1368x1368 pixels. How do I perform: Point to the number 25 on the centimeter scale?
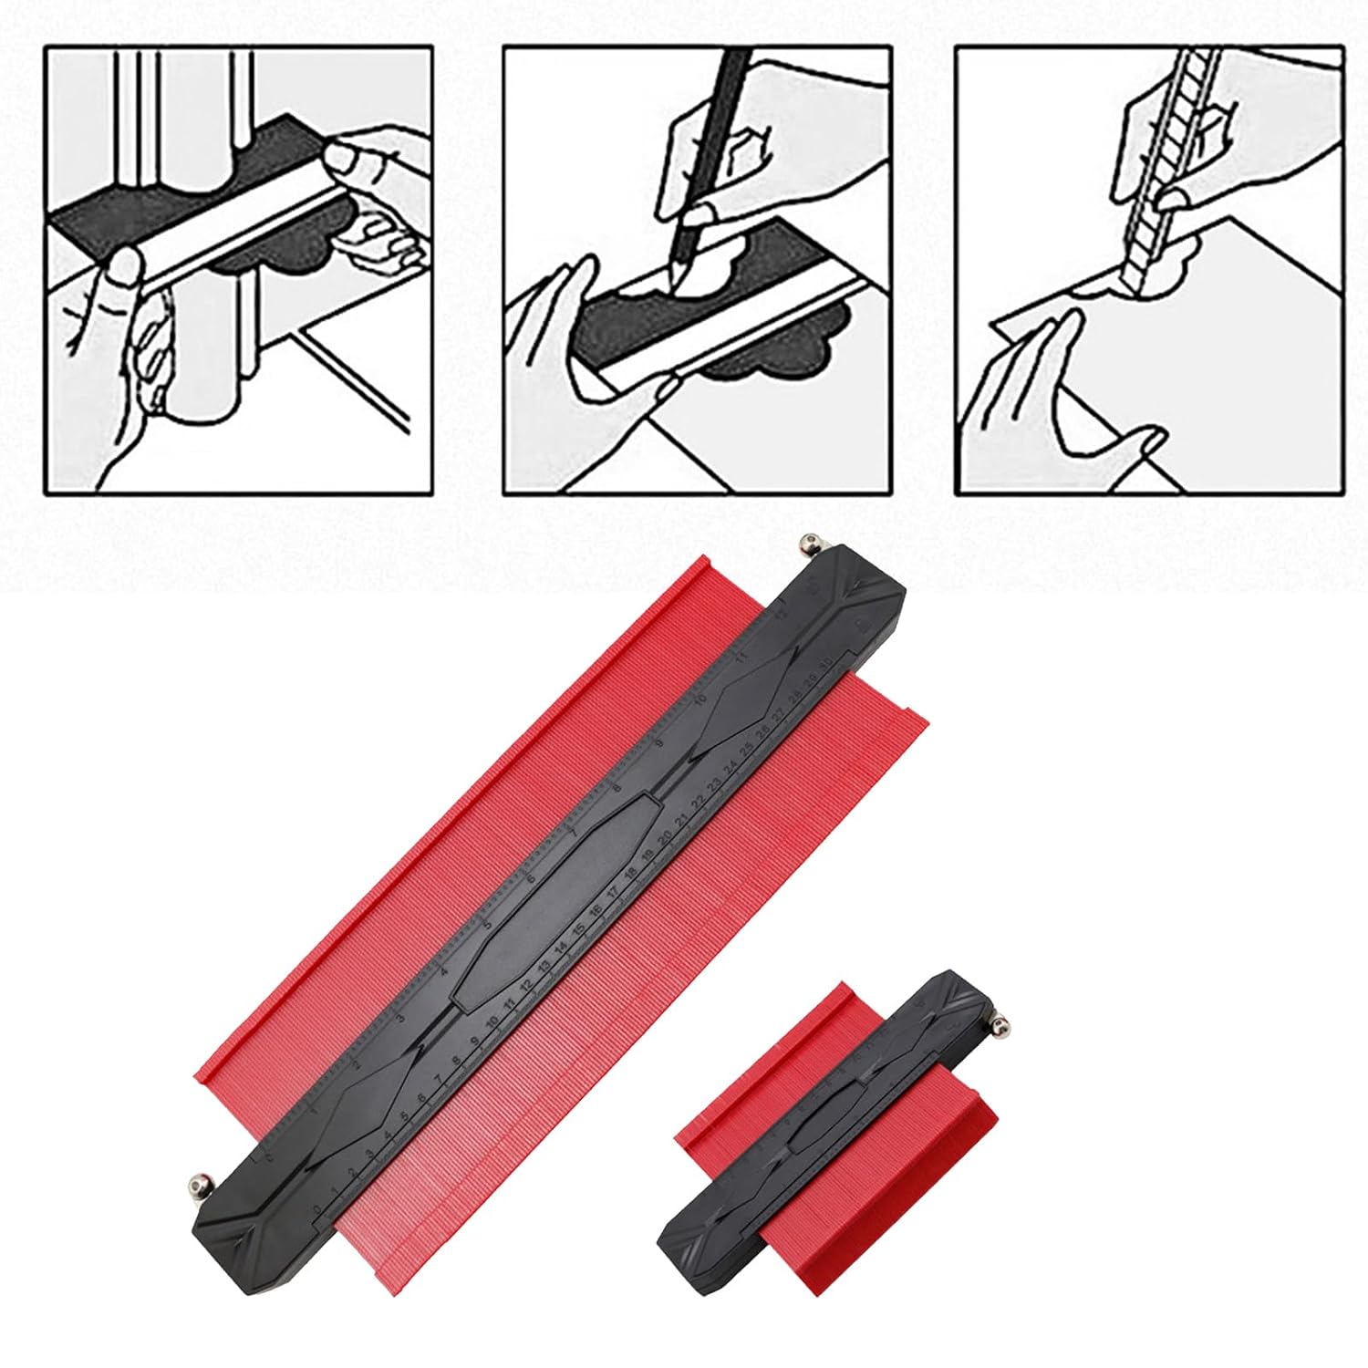coord(746,750)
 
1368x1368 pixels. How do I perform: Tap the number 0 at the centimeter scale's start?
coord(317,1209)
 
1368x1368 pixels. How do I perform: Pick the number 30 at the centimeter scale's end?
coord(824,662)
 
